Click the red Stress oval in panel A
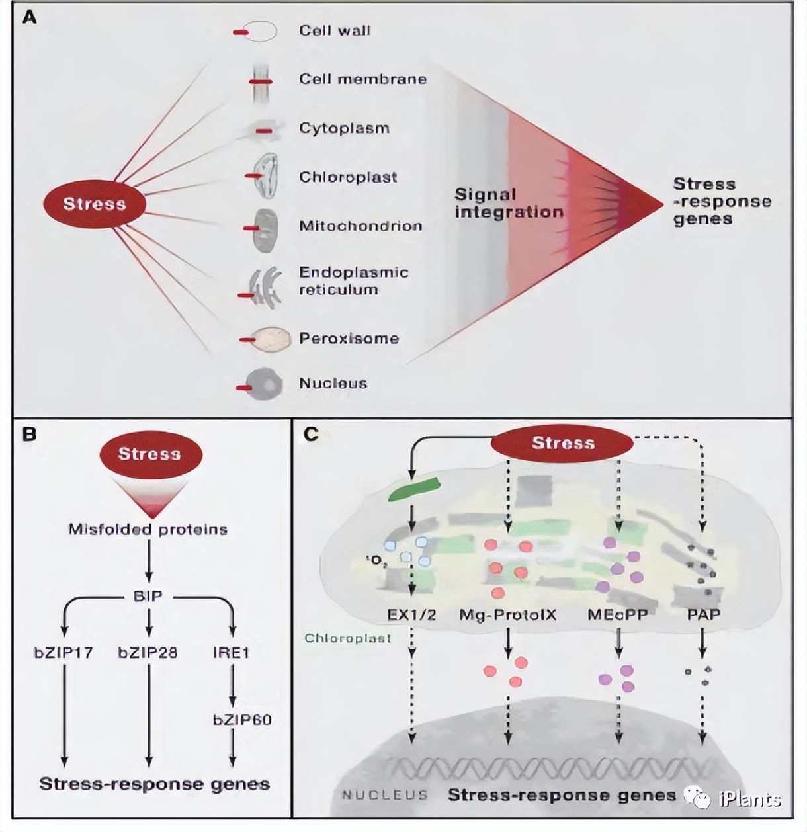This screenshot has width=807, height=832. (x=94, y=204)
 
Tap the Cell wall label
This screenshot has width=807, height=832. (x=335, y=30)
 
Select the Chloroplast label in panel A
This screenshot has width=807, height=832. (x=348, y=177)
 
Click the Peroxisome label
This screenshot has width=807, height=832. (x=349, y=338)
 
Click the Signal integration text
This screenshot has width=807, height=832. (x=508, y=203)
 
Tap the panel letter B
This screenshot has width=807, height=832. (x=29, y=435)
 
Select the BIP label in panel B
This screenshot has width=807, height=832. (x=148, y=596)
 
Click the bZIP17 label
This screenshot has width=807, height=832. (x=64, y=653)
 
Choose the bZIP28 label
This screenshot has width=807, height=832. (x=148, y=653)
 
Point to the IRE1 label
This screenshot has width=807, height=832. (x=231, y=653)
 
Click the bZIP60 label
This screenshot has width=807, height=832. (x=241, y=719)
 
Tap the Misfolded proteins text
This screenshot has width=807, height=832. (x=148, y=529)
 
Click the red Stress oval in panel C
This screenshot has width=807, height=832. (x=562, y=443)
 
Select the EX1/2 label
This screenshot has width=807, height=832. (x=411, y=614)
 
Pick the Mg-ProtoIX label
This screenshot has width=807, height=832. (x=507, y=614)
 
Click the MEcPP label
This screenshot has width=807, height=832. (x=617, y=614)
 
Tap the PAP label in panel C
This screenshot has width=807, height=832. (x=703, y=614)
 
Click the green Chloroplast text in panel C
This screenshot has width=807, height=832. (x=347, y=638)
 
